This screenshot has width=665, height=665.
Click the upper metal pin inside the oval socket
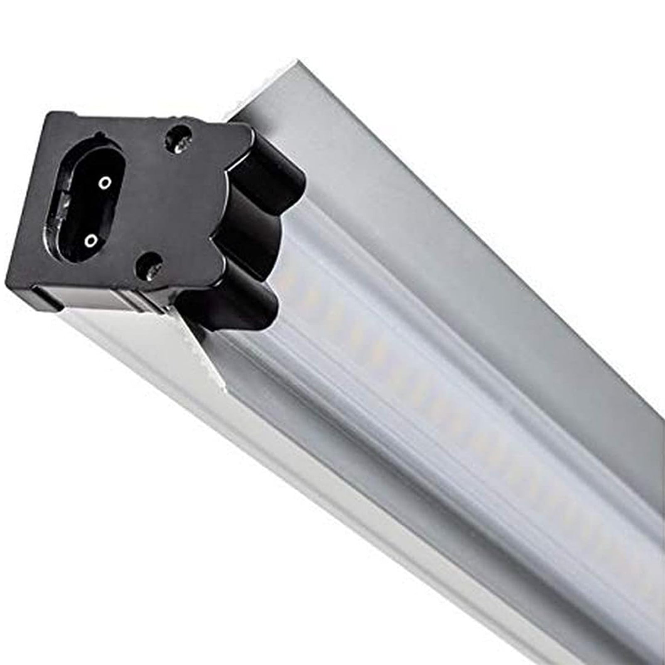[106, 182]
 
